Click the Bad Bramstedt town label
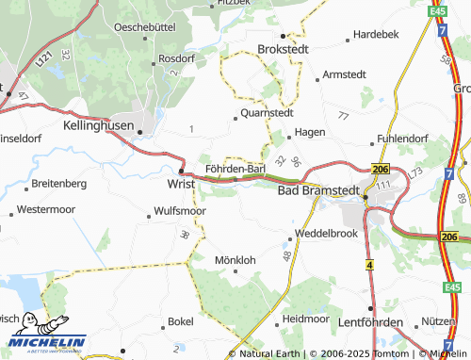click(x=318, y=190)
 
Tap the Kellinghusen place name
click(x=99, y=124)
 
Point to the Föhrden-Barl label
click(x=235, y=169)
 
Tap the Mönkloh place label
click(x=235, y=259)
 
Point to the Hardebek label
click(x=376, y=34)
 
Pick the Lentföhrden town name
click(x=357, y=323)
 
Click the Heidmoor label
click(x=305, y=319)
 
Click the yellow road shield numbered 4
click(x=370, y=268)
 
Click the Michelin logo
click(x=45, y=335)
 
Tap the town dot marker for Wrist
click(x=181, y=172)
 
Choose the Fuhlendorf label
click(x=401, y=139)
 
